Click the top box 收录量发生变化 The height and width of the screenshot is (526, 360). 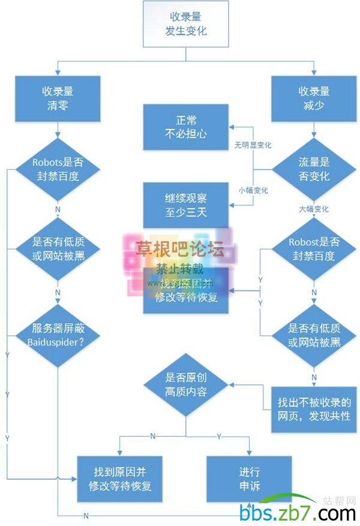(185, 24)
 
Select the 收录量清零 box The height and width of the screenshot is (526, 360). (57, 98)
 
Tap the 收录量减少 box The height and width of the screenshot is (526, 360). (314, 98)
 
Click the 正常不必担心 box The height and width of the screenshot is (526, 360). (185, 127)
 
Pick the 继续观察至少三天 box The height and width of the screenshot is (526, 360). (185, 205)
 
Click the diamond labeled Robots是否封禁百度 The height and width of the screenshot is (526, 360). (57, 169)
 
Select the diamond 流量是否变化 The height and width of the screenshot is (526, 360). (314, 170)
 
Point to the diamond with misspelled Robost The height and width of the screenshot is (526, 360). (314, 249)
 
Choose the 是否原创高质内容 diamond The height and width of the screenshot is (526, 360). (185, 386)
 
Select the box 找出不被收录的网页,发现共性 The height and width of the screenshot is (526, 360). (314, 408)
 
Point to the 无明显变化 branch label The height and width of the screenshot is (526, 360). (253, 145)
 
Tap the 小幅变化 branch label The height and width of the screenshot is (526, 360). (253, 190)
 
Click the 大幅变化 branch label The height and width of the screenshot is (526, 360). (314, 209)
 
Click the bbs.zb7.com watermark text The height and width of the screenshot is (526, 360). (297, 513)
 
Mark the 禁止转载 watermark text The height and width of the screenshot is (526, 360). (180, 269)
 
